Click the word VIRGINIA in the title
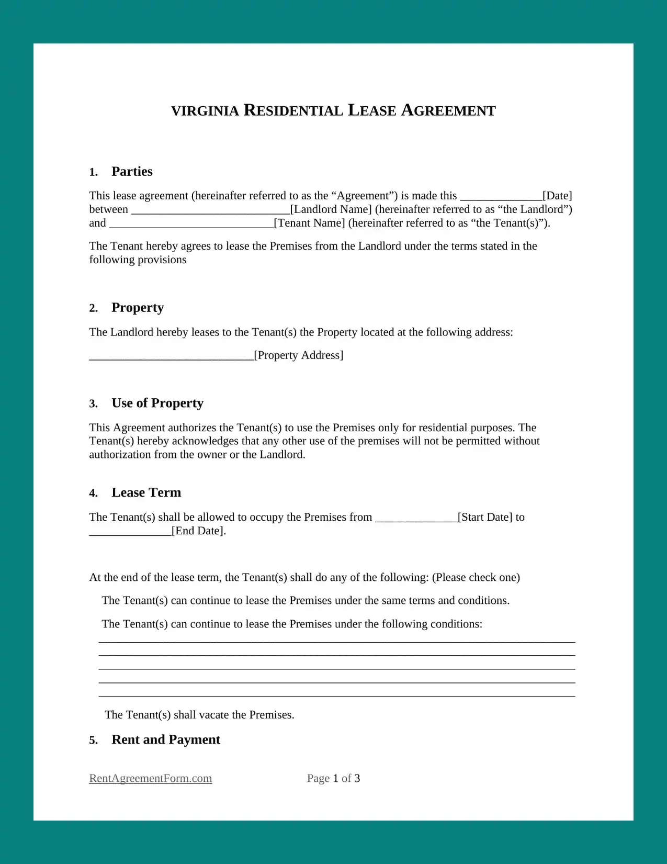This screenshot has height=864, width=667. click(205, 111)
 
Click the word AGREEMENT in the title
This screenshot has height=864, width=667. click(448, 110)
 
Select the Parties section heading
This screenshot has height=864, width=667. click(132, 172)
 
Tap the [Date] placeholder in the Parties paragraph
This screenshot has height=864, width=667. click(557, 196)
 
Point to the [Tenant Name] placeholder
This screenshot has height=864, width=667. click(310, 223)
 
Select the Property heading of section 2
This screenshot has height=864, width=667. click(138, 308)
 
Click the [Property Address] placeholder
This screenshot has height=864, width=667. click(299, 355)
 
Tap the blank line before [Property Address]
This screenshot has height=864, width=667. click(171, 358)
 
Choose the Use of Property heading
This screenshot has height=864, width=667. click(157, 403)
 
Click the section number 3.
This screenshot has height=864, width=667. click(93, 404)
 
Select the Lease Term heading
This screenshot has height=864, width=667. click(146, 493)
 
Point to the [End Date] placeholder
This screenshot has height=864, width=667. click(199, 531)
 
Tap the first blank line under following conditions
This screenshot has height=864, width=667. click(337, 641)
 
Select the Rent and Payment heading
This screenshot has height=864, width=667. click(166, 740)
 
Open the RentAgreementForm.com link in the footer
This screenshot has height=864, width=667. click(151, 779)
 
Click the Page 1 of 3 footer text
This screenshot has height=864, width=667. click(333, 779)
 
